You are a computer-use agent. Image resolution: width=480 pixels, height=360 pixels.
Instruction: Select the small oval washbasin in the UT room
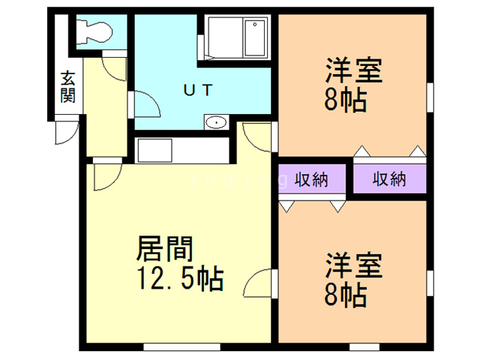[217, 122]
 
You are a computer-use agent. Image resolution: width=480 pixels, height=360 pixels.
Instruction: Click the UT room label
[199, 89]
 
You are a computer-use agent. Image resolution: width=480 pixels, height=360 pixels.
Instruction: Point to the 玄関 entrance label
[67, 87]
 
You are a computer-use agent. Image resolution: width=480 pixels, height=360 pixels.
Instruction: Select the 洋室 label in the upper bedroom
[354, 73]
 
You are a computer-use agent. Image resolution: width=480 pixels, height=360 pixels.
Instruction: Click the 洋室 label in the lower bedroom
[354, 267]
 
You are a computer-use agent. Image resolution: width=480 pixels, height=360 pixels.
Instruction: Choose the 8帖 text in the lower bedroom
[346, 295]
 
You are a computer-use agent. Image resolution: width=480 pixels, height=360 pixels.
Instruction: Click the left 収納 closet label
[311, 180]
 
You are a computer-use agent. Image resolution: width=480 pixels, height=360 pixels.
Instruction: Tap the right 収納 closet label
[389, 180]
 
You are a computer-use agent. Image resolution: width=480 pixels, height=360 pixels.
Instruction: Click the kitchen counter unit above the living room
[181, 150]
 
